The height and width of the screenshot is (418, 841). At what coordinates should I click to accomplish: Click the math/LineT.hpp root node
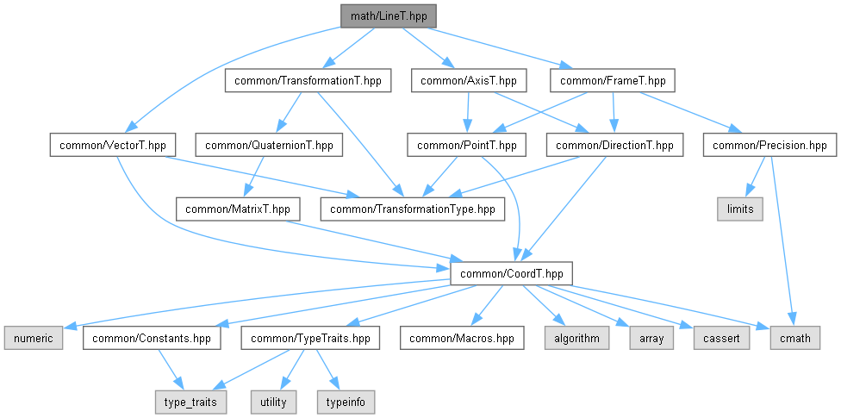389,16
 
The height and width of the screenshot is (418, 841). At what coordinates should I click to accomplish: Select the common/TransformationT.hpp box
308,81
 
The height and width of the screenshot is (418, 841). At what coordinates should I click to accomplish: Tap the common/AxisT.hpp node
468,81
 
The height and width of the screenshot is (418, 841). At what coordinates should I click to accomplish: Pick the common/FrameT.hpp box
612,81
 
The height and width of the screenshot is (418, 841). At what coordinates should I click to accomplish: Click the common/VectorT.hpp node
113,146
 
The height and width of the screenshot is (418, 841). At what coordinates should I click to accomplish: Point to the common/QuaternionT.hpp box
269,146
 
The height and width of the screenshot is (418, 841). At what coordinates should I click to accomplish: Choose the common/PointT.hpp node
465,146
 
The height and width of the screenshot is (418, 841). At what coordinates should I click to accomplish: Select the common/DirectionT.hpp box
614,146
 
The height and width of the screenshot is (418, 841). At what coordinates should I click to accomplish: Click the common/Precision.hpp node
769,146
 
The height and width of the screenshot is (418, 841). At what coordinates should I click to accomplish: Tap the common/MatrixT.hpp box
238,209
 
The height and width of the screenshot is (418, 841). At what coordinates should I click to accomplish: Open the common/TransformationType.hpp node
413,209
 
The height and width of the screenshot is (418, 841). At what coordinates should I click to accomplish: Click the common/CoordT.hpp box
512,274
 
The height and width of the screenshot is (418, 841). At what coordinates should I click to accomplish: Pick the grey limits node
740,209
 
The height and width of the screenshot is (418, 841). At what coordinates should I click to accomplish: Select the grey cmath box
795,338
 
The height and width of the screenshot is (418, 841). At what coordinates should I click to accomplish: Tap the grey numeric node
34,338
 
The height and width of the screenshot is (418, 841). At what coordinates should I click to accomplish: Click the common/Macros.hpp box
462,338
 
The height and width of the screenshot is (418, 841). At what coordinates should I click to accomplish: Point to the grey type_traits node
191,402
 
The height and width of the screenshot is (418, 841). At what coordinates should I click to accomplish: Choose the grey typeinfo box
346,402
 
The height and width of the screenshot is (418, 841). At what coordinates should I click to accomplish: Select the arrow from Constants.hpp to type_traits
170,369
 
